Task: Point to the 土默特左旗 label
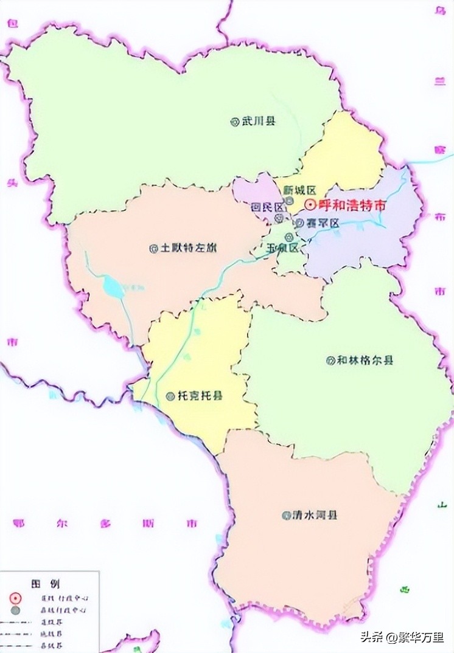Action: coord(187,249)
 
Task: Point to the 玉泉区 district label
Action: coord(283,248)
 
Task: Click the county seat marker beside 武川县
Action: coord(234,122)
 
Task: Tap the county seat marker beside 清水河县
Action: coord(285,516)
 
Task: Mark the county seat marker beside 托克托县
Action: coord(170,396)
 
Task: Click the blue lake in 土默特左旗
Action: coord(113,285)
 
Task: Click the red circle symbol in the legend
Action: coord(15,597)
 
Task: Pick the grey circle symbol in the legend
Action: coord(15,609)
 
